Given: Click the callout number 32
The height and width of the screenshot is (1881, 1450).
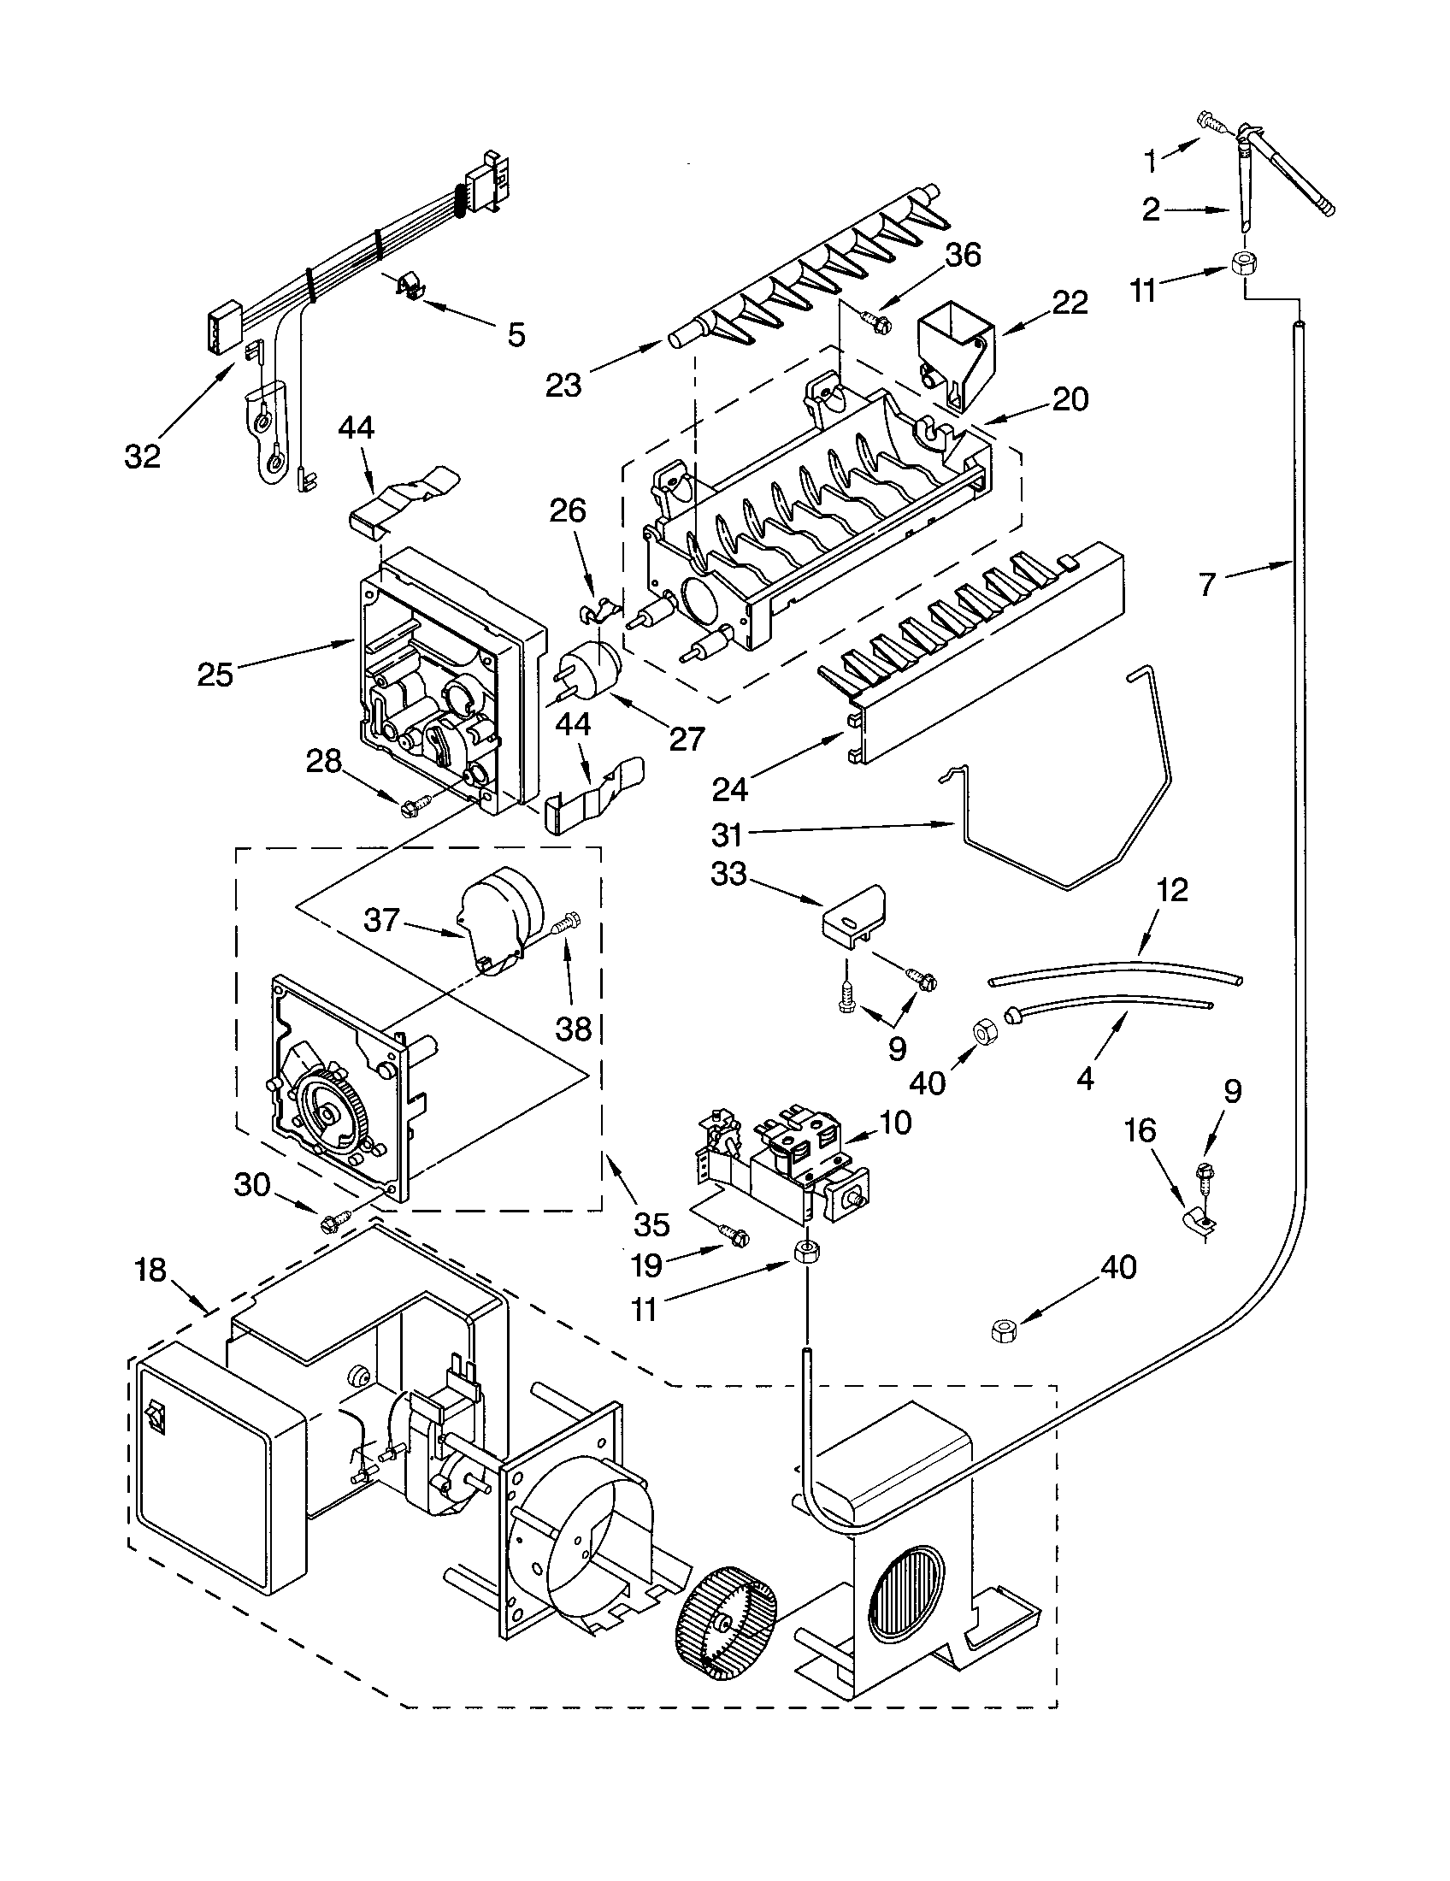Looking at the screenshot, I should pyautogui.click(x=143, y=457).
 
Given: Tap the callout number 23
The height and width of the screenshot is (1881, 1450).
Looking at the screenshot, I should pyautogui.click(x=563, y=385).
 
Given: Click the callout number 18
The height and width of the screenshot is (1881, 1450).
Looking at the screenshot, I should pyautogui.click(x=150, y=1270).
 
